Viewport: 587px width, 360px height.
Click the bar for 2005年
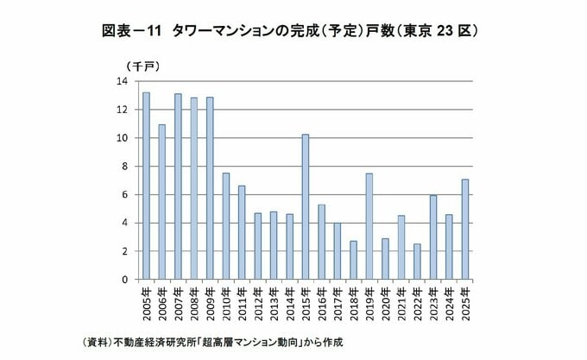pyautogui.click(x=146, y=186)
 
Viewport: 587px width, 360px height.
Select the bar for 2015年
pyautogui.click(x=306, y=207)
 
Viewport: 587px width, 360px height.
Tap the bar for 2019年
pyautogui.click(x=369, y=226)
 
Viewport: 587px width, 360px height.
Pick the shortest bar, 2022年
pyautogui.click(x=417, y=262)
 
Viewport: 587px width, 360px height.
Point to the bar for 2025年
pyautogui.click(x=465, y=230)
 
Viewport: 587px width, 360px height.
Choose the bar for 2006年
pyautogui.click(x=161, y=202)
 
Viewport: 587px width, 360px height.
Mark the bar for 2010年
pyautogui.click(x=226, y=226)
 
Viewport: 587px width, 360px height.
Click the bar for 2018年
pyautogui.click(x=353, y=260)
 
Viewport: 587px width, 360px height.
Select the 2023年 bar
pyautogui.click(x=433, y=237)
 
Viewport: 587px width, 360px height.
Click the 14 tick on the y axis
pyautogui.click(x=123, y=81)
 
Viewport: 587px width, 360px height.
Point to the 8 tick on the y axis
pyautogui.click(x=124, y=166)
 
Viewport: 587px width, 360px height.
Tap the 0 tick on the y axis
pyautogui.click(x=124, y=280)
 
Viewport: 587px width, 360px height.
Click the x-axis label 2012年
pyautogui.click(x=257, y=304)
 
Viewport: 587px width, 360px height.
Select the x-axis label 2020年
pyautogui.click(x=385, y=304)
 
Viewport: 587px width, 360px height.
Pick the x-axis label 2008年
pyautogui.click(x=194, y=304)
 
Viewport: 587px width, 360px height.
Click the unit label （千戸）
pyautogui.click(x=143, y=66)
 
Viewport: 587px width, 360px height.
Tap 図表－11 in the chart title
pyautogui.click(x=131, y=31)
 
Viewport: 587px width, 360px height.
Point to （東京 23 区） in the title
pyautogui.click(x=438, y=31)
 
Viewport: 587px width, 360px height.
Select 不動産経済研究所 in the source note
pyautogui.click(x=155, y=342)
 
